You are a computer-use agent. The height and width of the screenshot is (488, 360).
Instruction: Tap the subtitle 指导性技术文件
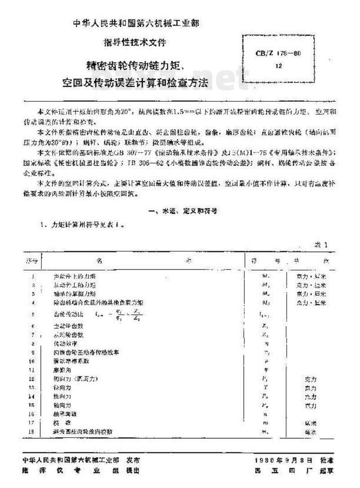coord(135,43)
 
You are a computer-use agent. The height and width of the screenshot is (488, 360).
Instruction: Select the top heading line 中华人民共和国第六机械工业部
coord(135,23)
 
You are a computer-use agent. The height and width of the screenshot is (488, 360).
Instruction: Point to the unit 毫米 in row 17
coord(310,423)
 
